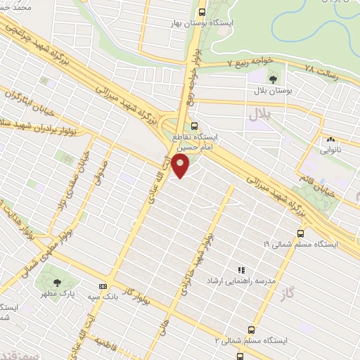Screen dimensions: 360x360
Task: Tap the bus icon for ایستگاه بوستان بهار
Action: point(202,12)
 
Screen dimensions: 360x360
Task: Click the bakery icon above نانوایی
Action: point(330,139)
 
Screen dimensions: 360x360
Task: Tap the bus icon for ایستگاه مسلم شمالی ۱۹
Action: point(301,233)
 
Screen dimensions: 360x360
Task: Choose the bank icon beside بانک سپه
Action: point(103,286)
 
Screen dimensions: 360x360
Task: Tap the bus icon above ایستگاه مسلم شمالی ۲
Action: point(252,329)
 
